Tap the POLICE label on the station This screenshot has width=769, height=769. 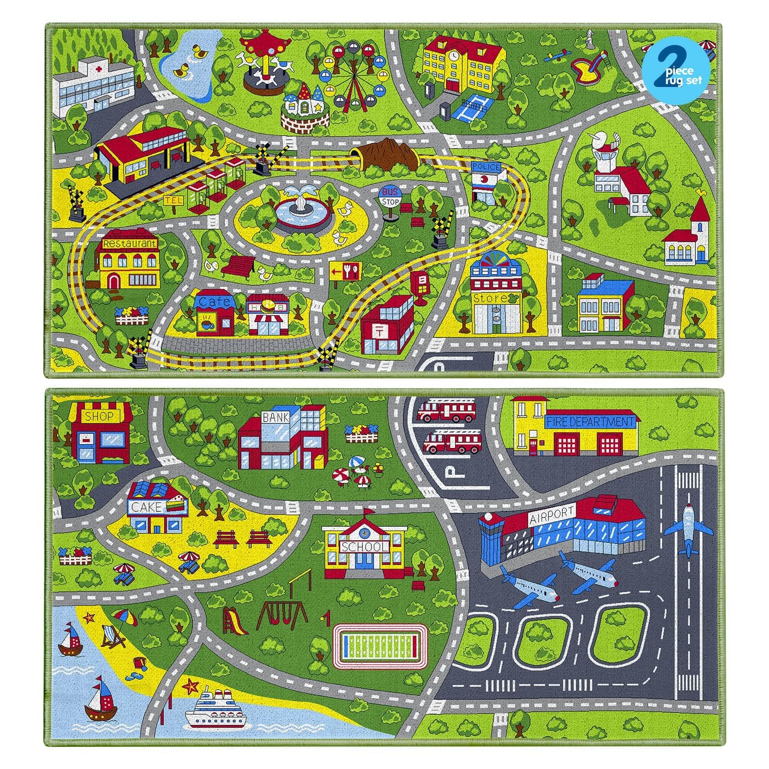point(486,167)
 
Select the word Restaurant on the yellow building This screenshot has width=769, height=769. point(129,244)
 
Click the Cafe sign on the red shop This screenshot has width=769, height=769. point(214,302)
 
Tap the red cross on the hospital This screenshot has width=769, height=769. point(99,69)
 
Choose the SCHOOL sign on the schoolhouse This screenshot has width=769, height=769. point(364,546)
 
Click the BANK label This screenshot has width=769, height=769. point(275,418)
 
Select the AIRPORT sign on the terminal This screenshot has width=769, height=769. point(552,516)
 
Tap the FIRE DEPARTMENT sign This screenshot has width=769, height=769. point(590,422)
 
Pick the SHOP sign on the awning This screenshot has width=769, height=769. point(99,416)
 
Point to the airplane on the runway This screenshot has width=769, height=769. point(688,529)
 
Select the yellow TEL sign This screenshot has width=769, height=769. point(174,200)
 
